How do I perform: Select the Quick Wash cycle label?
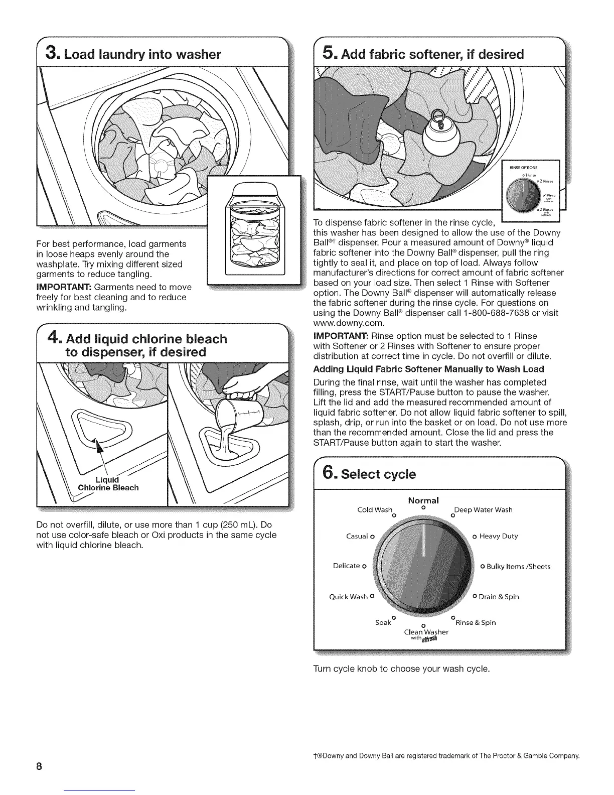coord(349,597)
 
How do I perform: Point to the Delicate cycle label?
coord(347,566)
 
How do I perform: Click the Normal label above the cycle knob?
coord(423,500)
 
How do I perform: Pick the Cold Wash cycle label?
coord(374,510)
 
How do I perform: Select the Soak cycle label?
coord(383,622)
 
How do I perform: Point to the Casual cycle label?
coord(358,536)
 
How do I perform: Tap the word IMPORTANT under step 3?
coord(64,287)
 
